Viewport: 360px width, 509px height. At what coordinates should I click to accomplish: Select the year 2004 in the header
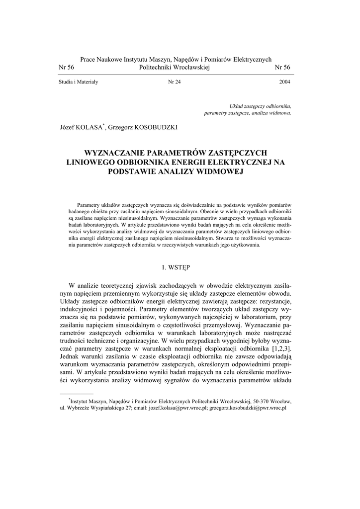pos(285,82)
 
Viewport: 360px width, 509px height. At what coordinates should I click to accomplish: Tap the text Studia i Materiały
pos(78,82)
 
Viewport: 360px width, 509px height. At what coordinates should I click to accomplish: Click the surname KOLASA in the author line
pos(91,127)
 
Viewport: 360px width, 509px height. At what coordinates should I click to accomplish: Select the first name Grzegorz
pos(119,127)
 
